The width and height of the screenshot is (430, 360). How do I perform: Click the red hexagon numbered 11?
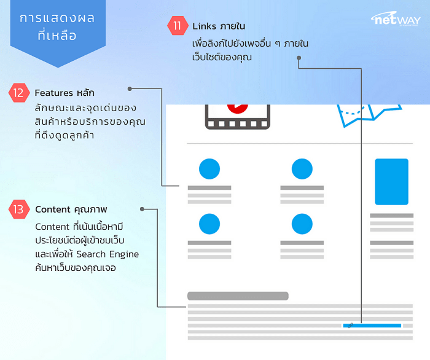pos(177,26)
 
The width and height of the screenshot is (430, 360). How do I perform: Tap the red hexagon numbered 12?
pos(18,93)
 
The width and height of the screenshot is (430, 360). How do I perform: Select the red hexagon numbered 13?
pos(18,209)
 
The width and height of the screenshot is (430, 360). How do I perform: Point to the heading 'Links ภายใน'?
pos(219,26)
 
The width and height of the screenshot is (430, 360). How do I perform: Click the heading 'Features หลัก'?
pos(64,93)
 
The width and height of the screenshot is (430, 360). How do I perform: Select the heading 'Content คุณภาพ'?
pos(71,209)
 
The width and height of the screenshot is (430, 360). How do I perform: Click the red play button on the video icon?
pos(237,106)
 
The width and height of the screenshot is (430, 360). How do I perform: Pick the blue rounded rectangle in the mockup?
pos(391,182)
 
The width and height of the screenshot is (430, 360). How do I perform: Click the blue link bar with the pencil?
pos(372,325)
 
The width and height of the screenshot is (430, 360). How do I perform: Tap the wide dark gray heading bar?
pos(238,296)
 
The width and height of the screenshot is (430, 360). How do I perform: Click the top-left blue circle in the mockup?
pos(209,168)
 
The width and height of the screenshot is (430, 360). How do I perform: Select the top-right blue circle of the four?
pos(302,168)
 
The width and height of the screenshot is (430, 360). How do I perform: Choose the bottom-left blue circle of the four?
pos(209,223)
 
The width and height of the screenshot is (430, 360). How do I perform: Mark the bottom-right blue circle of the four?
pos(302,223)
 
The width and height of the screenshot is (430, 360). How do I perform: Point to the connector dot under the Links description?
pos(299,59)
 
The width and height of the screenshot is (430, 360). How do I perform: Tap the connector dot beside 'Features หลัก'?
pos(130,88)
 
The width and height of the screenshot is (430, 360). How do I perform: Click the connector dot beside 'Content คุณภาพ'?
pos(143,209)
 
